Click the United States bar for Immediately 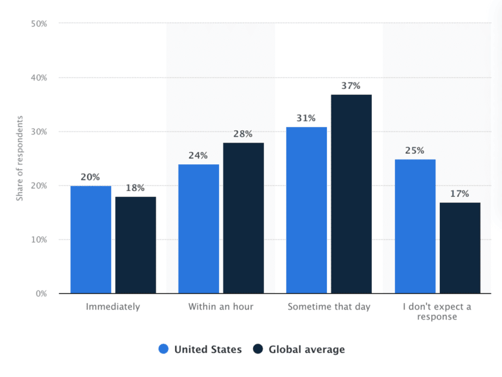coord(91,240)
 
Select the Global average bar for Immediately coord(135,245)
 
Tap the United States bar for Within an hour coord(199,228)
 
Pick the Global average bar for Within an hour coord(243,218)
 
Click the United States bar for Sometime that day coord(307,210)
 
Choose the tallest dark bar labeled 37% coord(351,194)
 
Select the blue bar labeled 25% coord(415,226)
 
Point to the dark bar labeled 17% coord(460,248)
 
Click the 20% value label coord(90,177)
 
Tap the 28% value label coord(243,134)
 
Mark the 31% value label coord(307,118)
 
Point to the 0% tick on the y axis coord(41,293)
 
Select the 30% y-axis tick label coord(39,132)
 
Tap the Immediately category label coord(113,306)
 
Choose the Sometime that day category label coord(329,306)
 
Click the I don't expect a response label coord(437,312)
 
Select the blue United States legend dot coord(163,350)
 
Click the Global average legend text coord(306,350)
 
